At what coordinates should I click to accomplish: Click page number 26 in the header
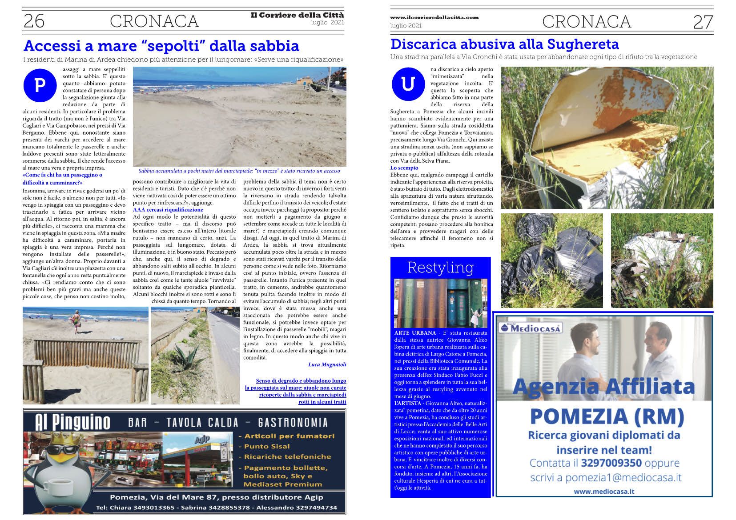pos(34,21)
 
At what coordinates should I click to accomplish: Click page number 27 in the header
pos(703,22)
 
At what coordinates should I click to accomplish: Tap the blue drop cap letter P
pos(40,85)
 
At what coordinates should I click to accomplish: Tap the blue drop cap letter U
pos(408,84)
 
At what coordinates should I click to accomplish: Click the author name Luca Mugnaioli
pos(327,364)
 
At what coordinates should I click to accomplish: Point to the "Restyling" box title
pos(440,267)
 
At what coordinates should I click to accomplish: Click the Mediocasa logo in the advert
pos(531,328)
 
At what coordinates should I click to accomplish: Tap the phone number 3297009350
pos(611,463)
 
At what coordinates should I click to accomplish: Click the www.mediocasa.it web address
pos(603,491)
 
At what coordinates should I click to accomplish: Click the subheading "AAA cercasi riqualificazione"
pos(168,209)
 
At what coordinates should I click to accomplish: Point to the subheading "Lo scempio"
pos(404,168)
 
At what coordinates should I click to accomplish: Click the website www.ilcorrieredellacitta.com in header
pos(434,17)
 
